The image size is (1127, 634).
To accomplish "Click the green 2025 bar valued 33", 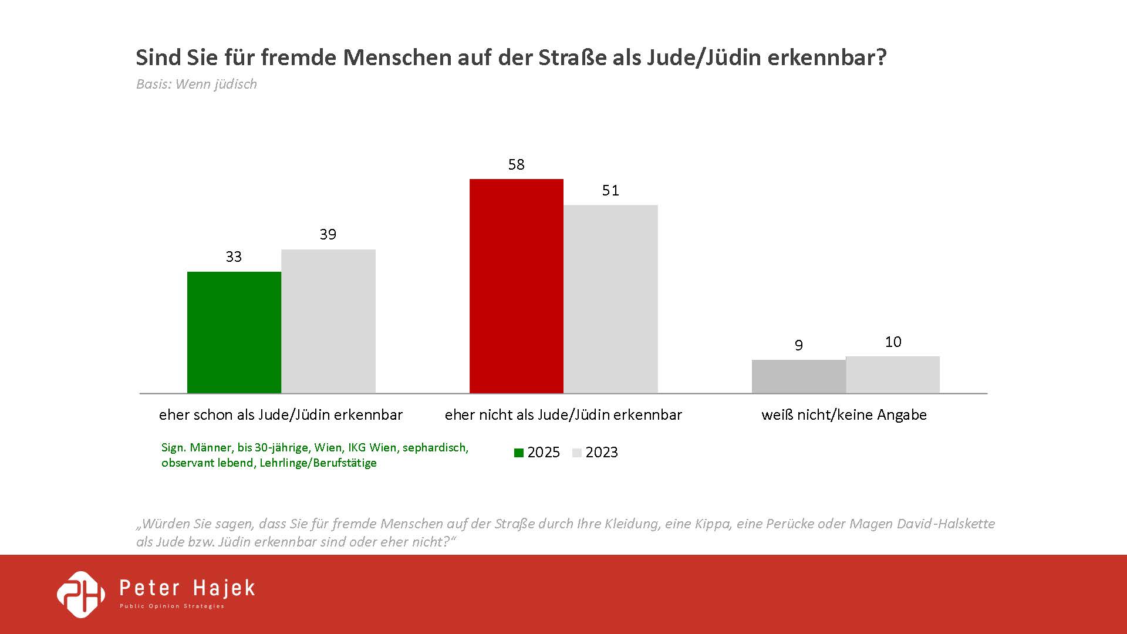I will point(234,332).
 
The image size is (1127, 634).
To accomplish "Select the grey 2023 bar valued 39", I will point(328,321).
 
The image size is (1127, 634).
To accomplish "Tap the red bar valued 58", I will point(517,286).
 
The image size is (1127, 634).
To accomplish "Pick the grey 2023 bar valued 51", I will point(610,299).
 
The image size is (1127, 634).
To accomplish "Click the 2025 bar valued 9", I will point(798,376).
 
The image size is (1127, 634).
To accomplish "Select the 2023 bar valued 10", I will point(893,375).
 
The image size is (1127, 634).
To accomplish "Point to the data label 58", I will point(517,164).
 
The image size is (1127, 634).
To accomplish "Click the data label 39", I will point(328,234).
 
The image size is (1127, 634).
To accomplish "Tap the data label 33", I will point(234,257).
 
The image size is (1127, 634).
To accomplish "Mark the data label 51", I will point(610,190).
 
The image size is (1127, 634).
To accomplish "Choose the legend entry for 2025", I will point(537,453).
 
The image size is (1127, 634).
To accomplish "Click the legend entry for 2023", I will point(595,453).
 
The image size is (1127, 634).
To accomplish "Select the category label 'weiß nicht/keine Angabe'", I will point(844,414).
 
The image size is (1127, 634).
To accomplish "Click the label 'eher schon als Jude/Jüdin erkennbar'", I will point(281,414).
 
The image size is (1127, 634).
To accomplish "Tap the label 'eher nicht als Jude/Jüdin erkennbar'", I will point(563,414).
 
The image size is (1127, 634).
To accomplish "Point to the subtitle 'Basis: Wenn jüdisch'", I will point(197,84).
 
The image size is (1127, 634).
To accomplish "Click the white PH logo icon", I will point(81,594).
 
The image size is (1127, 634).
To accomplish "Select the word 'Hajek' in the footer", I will point(224,588).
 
